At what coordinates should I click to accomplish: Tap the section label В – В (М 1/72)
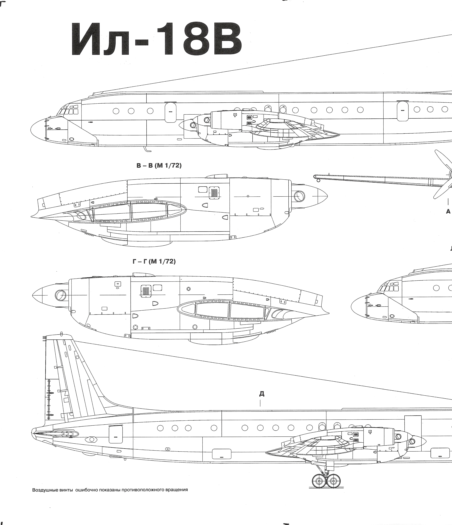tap(159, 166)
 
